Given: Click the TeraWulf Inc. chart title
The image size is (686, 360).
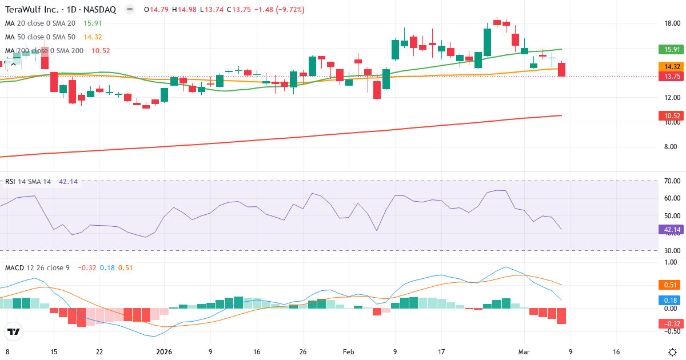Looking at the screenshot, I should point(60,10).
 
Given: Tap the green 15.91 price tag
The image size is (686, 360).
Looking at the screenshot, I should point(669,49).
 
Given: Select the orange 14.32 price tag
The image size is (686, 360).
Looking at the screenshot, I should point(669,66).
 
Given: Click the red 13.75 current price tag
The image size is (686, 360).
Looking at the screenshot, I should point(669,76).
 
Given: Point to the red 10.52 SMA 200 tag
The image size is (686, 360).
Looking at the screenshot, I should point(669,116).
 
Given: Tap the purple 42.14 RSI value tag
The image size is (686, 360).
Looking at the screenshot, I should point(669,230).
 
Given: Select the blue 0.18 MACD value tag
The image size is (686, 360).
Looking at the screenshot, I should point(669,300).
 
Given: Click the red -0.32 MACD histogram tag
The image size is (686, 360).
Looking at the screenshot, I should point(669,324).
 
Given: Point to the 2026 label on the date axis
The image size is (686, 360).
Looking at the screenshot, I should point(164,352).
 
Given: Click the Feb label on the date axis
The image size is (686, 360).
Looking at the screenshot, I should point(349,352).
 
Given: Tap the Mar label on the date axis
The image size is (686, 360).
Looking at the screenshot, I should point(525,352).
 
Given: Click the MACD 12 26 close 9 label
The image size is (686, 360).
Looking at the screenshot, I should point(37,267).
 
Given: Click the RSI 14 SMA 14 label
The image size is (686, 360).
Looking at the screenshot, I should point(27,182).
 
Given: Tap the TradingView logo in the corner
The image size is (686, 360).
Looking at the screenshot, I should point(13,331).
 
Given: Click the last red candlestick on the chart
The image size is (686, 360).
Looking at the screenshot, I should point(561,69).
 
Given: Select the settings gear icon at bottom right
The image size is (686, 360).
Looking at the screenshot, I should point(673,352).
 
